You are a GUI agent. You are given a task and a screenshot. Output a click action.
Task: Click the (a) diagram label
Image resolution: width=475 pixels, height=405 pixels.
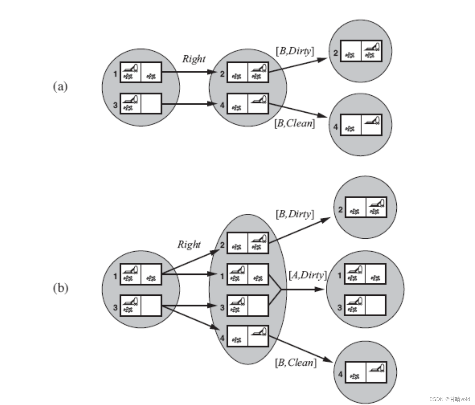coord(60,87)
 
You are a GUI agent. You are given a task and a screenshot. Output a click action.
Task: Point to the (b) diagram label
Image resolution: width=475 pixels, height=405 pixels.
coord(60,288)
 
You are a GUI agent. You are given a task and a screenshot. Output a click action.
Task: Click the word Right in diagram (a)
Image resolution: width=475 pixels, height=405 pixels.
coord(194,59)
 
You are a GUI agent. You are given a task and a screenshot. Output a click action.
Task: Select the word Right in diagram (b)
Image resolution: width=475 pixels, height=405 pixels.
coord(189,244)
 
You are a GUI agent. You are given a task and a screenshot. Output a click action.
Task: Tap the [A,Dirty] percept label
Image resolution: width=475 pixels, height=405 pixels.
coord(308,275)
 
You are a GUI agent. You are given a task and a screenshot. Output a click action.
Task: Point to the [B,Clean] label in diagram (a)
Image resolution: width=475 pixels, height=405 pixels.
coord(295,123)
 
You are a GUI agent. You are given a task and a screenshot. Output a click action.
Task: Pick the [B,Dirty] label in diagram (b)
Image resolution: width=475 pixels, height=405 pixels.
coord(295,214)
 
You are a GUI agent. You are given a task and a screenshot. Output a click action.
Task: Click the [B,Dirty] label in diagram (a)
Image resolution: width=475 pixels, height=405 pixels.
coord(295,51)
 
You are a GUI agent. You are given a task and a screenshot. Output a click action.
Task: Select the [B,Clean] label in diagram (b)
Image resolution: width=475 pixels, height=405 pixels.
coord(296,363)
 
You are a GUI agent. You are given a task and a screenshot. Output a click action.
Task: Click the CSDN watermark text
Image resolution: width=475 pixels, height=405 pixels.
coord(449,399)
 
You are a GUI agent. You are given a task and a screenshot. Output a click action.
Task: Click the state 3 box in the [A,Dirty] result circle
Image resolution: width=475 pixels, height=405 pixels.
coord(365,306)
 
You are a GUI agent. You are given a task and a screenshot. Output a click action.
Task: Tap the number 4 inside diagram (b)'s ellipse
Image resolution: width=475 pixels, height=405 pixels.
coord(222,338)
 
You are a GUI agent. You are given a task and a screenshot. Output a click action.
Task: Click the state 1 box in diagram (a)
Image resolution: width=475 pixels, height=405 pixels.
coord(141,72)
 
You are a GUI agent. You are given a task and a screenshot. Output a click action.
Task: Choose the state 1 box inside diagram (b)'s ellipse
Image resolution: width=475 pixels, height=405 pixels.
coord(248,274)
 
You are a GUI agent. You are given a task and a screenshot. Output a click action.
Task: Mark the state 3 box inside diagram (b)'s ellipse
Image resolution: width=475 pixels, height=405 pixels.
coord(248,306)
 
